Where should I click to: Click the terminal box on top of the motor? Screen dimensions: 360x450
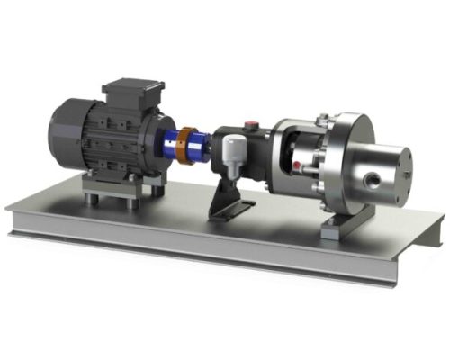(133, 90)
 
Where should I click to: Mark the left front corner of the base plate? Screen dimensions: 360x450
(13, 216)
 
